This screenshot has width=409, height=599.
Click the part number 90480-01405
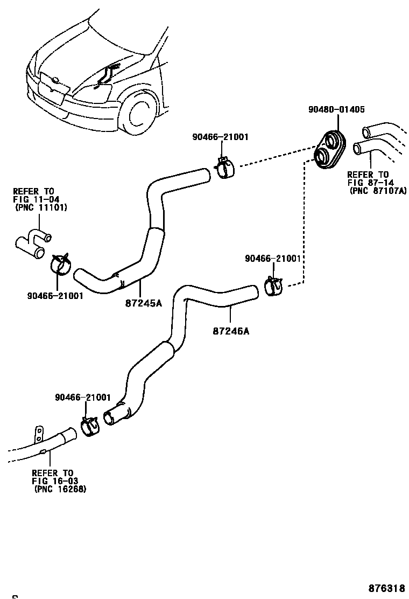tap(336, 109)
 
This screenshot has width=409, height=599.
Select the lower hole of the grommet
tap(323, 158)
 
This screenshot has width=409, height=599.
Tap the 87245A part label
tap(143, 303)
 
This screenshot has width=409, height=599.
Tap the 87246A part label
tap(231, 331)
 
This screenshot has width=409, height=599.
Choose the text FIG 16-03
tap(53, 481)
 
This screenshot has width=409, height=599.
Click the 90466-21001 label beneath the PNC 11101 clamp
tap(55, 296)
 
